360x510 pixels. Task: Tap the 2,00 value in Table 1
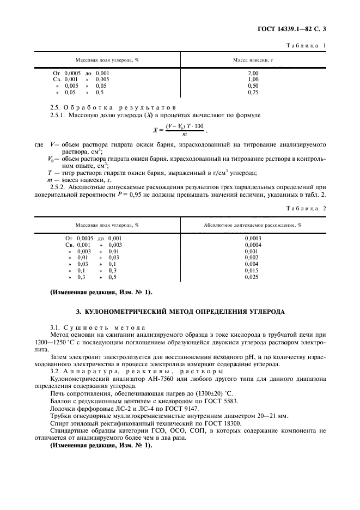[x=253, y=73]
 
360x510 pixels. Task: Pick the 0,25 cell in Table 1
[x=253, y=93]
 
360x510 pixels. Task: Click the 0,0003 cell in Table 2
[x=253, y=238]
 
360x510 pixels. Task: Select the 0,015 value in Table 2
[x=253, y=271]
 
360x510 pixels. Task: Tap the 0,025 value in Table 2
[x=253, y=277]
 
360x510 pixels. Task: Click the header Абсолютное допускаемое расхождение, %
[x=253, y=224]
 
